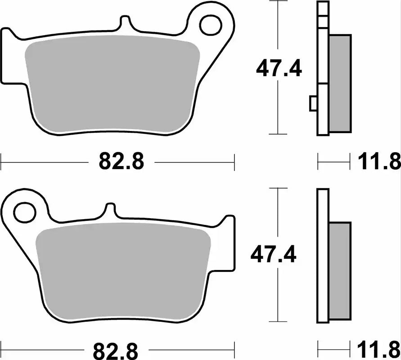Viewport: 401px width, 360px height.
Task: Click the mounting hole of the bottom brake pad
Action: tap(24, 212)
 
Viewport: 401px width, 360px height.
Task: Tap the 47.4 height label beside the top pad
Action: tap(279, 69)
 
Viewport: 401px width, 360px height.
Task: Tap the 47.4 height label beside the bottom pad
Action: tap(274, 256)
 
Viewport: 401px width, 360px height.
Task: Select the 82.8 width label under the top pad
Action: tap(121, 162)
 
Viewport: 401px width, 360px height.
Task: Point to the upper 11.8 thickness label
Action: tap(379, 162)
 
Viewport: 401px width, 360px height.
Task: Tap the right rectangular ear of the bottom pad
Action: tap(229, 243)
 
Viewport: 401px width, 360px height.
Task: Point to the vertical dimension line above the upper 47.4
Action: tap(279, 27)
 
